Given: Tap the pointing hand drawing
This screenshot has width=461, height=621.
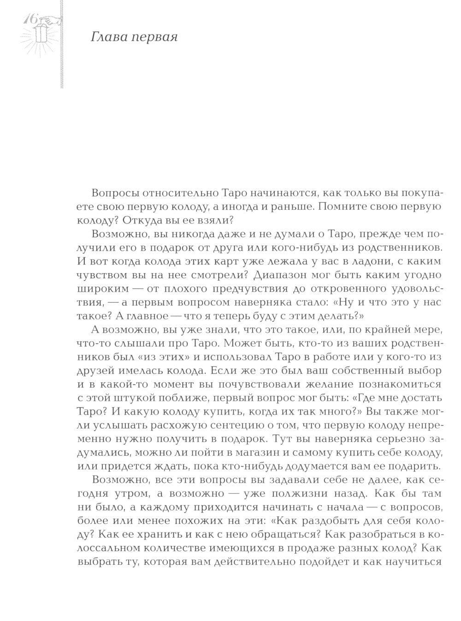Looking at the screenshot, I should click(x=49, y=20).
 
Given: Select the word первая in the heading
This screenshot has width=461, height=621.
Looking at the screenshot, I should click(x=154, y=37).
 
